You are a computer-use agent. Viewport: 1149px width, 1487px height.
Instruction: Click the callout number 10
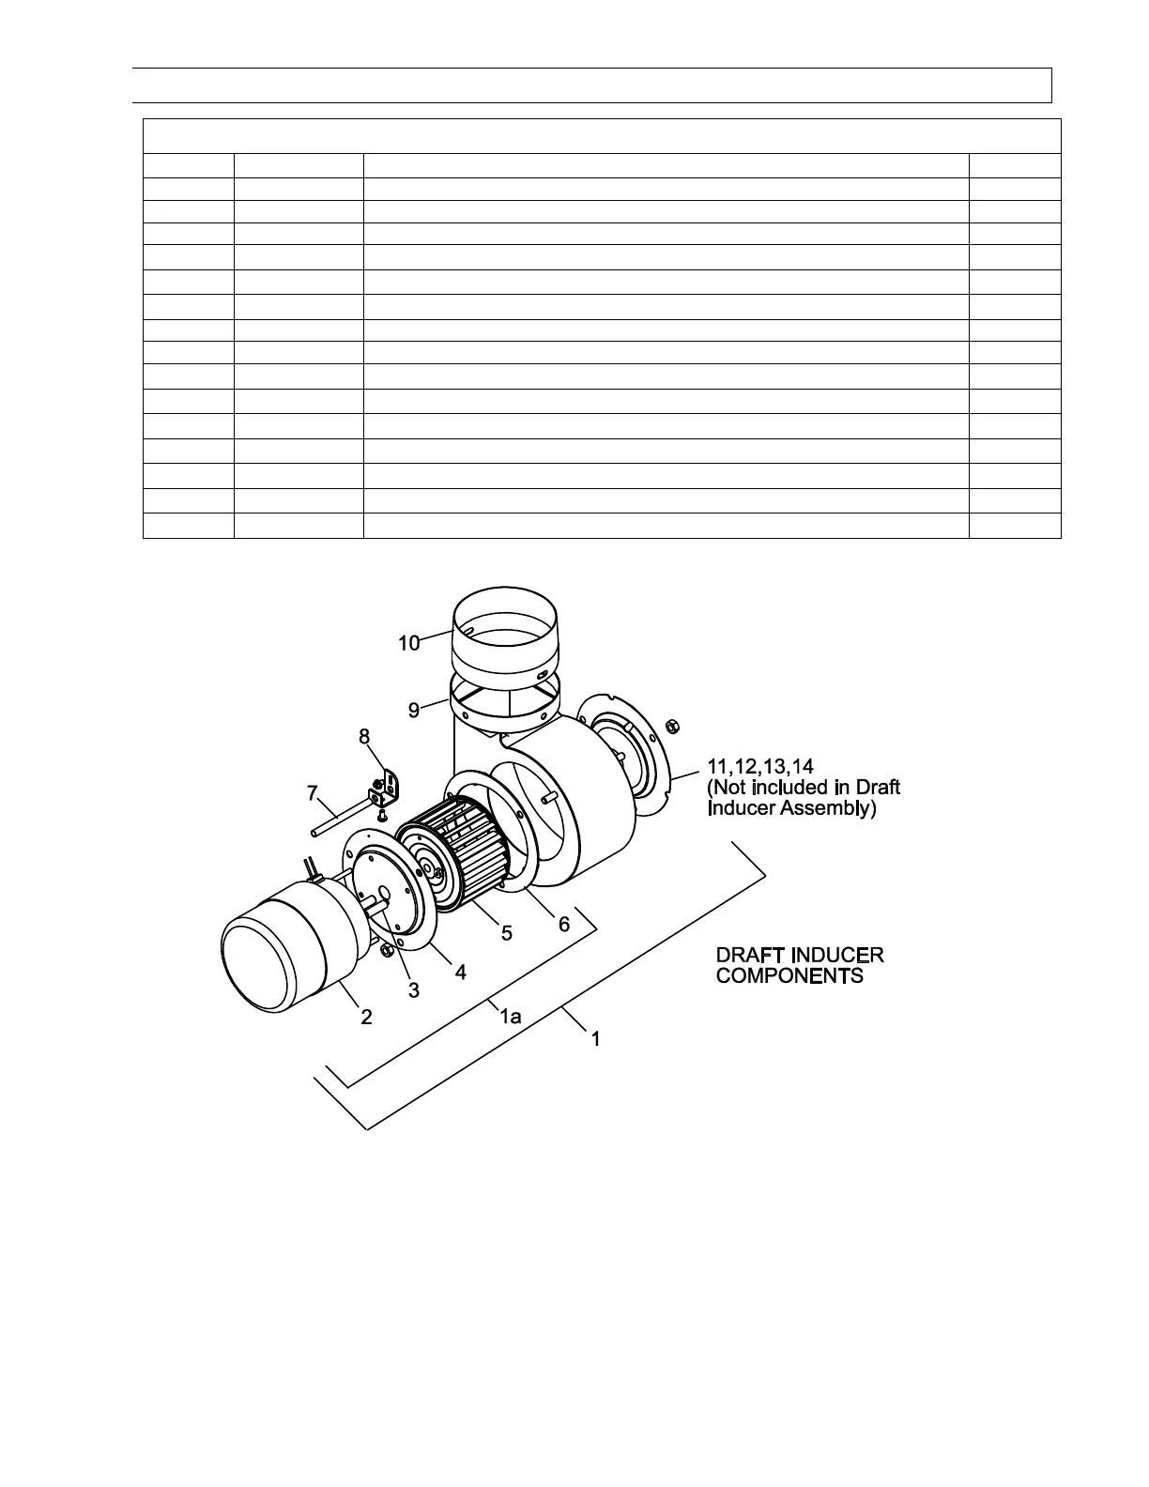tap(408, 643)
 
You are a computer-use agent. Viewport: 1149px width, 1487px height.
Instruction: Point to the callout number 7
tap(313, 793)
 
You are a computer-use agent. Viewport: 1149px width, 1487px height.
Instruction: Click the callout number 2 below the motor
tap(367, 1016)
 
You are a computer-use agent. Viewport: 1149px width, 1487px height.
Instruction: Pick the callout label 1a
tap(510, 1016)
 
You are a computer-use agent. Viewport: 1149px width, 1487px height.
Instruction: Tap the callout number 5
tap(506, 932)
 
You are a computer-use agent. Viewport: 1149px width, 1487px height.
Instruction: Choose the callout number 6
tap(564, 925)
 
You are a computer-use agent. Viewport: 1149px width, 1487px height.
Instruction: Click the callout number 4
tap(460, 973)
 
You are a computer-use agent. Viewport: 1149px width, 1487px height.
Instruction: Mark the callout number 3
tap(413, 989)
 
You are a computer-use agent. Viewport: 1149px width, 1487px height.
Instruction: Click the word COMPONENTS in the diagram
tap(789, 976)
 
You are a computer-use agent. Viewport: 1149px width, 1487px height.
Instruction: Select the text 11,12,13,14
tap(759, 765)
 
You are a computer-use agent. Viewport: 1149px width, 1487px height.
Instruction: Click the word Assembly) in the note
tap(828, 807)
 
